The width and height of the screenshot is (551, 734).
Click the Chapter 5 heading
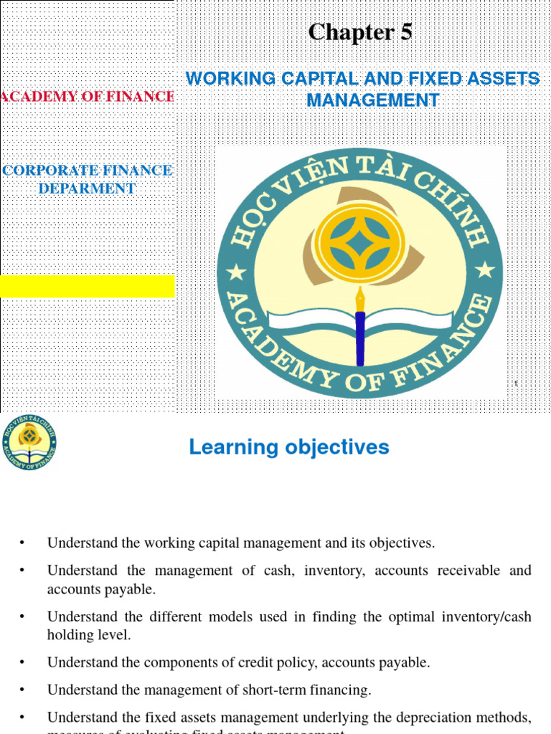coord(360,33)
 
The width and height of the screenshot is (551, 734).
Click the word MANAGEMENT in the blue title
coord(373,101)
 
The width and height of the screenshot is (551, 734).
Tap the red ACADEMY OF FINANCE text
coord(88,96)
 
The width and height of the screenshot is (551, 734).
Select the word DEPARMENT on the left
coord(87,189)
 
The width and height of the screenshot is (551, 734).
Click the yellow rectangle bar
coord(88,286)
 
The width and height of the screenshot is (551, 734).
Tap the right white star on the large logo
coord(485,270)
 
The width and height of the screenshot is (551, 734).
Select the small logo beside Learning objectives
coord(29,443)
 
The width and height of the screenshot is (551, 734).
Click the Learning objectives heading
coord(289,447)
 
